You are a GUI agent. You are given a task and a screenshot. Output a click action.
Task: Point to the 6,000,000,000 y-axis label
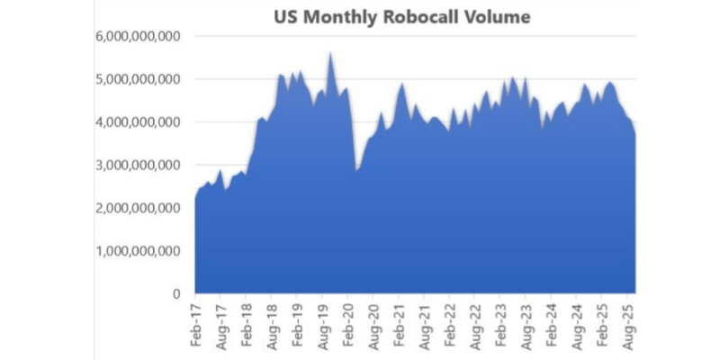[138, 36]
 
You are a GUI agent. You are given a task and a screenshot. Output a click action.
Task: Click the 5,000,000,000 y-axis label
[138, 79]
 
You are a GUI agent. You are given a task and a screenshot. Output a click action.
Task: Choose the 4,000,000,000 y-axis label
[138, 122]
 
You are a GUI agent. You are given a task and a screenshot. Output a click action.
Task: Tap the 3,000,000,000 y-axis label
[138, 166]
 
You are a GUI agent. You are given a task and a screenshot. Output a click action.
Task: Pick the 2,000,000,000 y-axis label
[138, 208]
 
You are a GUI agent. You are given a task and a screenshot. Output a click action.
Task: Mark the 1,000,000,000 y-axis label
[138, 251]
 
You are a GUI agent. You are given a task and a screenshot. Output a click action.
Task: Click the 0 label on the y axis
[177, 293]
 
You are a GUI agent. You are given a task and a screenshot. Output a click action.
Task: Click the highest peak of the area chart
[330, 54]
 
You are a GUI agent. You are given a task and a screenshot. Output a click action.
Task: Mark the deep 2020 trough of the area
[357, 169]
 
